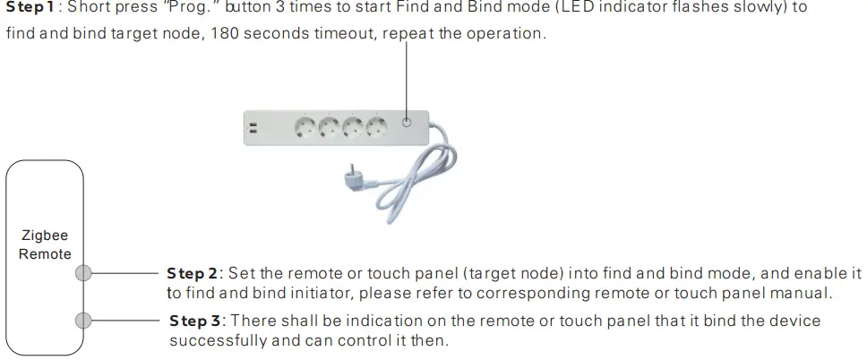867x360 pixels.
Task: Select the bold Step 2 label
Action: (192, 272)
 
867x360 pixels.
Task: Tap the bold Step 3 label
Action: (193, 320)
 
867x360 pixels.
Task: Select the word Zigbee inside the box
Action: (45, 236)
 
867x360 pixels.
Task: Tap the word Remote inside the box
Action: (45, 253)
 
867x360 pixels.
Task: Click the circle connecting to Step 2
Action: (83, 273)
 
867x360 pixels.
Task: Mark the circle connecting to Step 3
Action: (83, 320)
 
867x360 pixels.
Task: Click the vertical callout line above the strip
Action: (407, 76)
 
